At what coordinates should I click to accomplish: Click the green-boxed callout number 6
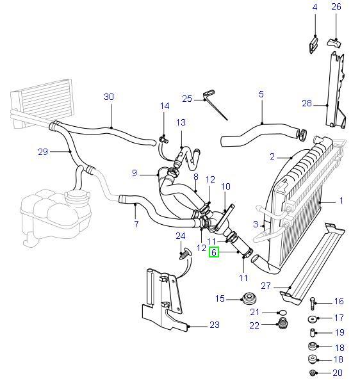pos(214,252)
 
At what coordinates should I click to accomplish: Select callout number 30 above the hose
pos(109,97)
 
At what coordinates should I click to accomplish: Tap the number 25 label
pos(187,99)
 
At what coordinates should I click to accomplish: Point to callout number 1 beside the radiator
pos(340,200)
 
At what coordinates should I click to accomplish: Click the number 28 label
pos(307,102)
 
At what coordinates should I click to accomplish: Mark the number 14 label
pos(164,106)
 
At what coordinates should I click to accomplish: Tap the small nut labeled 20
pos(312,373)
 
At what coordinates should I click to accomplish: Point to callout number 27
pos(265,286)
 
